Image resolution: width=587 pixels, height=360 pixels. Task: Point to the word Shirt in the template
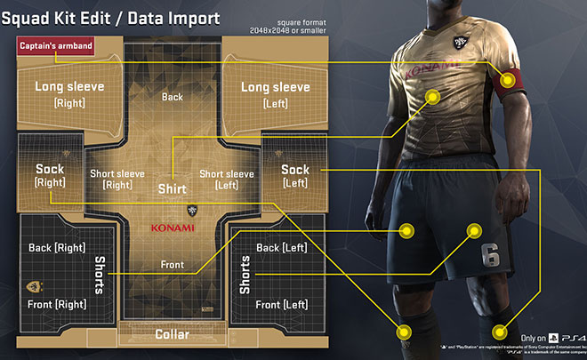tap(172, 189)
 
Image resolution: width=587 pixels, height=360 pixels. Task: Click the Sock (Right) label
tap(51, 174)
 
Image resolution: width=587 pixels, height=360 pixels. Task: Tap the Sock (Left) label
tap(294, 174)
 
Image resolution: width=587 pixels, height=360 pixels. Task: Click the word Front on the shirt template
tap(172, 264)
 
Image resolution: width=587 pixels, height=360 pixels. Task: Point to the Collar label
tap(172, 334)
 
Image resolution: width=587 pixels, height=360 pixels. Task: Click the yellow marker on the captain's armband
tap(507, 80)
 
